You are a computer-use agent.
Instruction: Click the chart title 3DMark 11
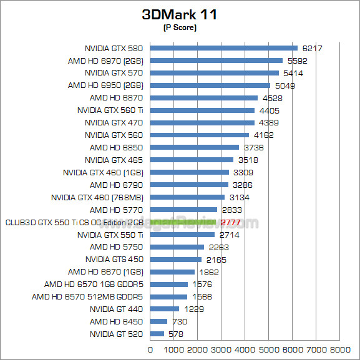tap(179, 14)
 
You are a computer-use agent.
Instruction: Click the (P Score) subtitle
tap(179, 27)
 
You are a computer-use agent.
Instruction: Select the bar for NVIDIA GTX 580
tap(224, 48)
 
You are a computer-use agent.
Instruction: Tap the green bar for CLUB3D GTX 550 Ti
tap(183, 222)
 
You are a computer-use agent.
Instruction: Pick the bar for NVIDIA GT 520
tap(157, 334)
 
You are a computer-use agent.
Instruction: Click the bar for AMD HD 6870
tap(204, 98)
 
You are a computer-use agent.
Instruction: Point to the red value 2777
tap(230, 223)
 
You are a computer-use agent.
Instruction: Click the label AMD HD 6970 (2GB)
tap(105, 61)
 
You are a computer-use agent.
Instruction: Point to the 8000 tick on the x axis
tap(341, 349)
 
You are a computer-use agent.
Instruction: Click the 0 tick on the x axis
tap(150, 349)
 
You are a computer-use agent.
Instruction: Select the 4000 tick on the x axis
tap(245, 349)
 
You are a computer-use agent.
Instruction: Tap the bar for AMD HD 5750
tap(177, 247)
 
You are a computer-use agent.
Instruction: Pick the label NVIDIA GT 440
tap(116, 309)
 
